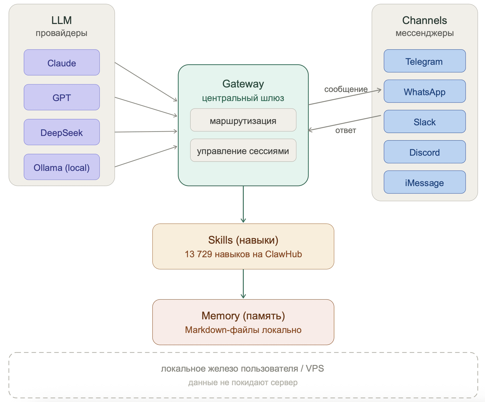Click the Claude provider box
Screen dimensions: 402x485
pyautogui.click(x=62, y=63)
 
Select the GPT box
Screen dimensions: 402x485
pyautogui.click(x=62, y=97)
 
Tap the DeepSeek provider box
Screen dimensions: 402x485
pyautogui.click(x=62, y=132)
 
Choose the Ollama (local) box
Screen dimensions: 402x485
pyautogui.click(x=62, y=167)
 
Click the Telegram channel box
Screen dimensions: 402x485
pyautogui.click(x=425, y=61)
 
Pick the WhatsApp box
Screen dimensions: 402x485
pyautogui.click(x=425, y=91)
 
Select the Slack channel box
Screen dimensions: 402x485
pyautogui.click(x=425, y=122)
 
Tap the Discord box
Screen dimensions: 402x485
pyautogui.click(x=425, y=152)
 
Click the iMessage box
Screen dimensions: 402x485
pyautogui.click(x=425, y=182)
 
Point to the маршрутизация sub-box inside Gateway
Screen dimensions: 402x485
pyautogui.click(x=243, y=120)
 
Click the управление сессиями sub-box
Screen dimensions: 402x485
pyautogui.click(x=243, y=150)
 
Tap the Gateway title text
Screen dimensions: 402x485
pyautogui.click(x=243, y=84)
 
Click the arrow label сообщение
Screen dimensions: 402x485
pyautogui.click(x=346, y=89)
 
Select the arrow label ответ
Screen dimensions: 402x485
pyautogui.click(x=346, y=130)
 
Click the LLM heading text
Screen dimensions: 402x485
pyautogui.click(x=61, y=20)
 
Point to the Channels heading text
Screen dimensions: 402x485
pyautogui.click(x=424, y=20)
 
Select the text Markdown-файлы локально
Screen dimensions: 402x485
pyautogui.click(x=243, y=330)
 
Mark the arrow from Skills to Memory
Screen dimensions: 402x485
pyautogui.click(x=243, y=284)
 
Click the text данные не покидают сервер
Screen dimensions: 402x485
pyautogui.click(x=243, y=383)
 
